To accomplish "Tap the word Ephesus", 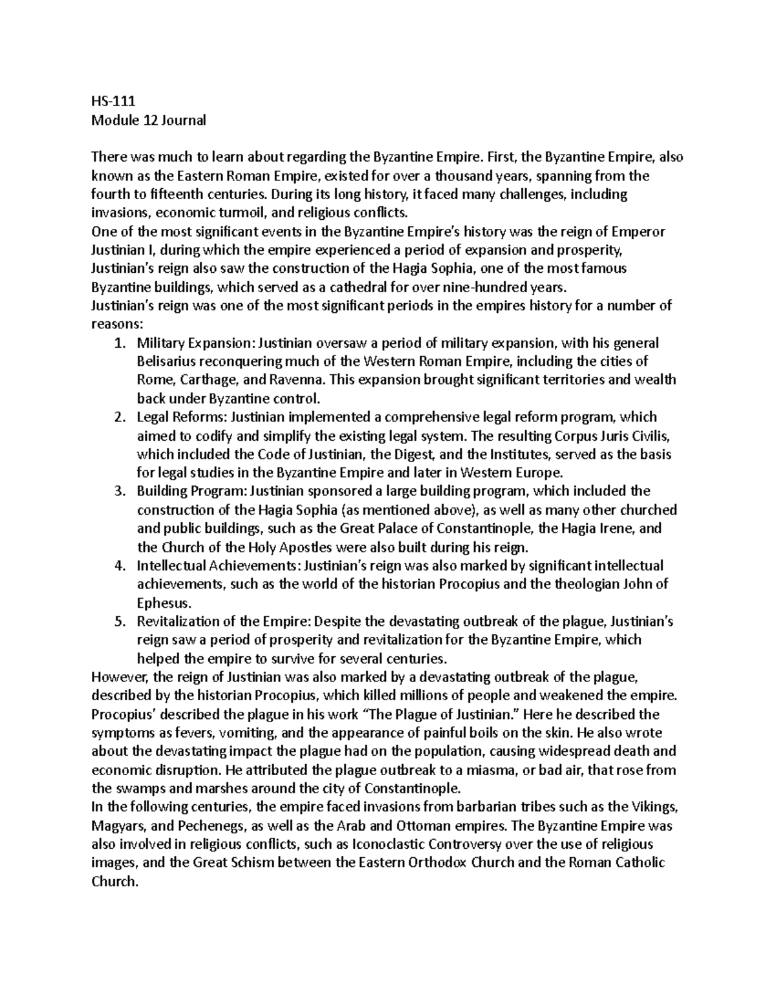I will (164, 603).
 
